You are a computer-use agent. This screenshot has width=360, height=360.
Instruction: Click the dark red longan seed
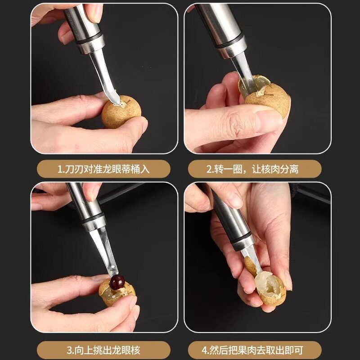click(x=117, y=283)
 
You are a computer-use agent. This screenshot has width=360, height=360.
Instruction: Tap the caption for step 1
click(x=103, y=169)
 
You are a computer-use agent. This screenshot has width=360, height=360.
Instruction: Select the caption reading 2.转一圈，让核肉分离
click(x=255, y=169)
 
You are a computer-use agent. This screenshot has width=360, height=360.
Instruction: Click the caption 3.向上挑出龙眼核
click(x=103, y=350)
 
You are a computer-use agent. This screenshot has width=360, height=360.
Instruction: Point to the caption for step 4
click(x=255, y=350)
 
